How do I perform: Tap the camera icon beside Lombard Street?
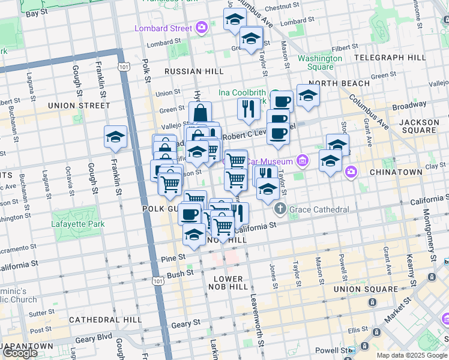tap(202, 27)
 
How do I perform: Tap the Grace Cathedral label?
tap(319, 209)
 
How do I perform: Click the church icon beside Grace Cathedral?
tap(280, 209)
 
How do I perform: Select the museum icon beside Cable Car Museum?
tap(303, 161)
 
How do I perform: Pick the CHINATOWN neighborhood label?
tap(396, 172)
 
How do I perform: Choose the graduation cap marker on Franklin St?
tap(115, 137)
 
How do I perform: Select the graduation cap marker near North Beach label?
tap(308, 95)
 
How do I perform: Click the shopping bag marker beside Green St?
tap(200, 113)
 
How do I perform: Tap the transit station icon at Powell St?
tap(352, 349)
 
